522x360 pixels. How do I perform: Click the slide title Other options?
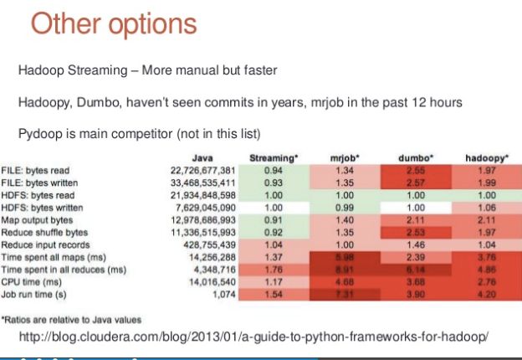114,24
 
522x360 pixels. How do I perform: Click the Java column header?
202,157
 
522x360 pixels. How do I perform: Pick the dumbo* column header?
416,157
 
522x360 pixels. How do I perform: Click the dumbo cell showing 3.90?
416,296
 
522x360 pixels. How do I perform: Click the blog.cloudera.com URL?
253,337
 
